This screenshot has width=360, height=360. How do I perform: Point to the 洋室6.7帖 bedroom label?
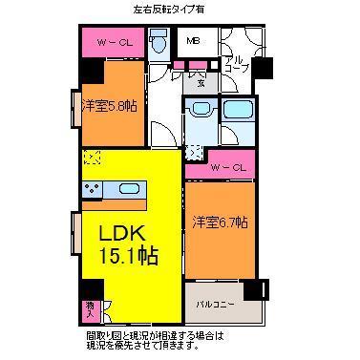[222, 222]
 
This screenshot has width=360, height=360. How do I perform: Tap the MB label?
[194, 41]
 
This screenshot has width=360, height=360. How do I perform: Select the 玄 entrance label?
[201, 82]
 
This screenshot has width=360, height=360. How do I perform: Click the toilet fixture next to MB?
[160, 41]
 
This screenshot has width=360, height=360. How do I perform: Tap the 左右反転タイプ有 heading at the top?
[182, 10]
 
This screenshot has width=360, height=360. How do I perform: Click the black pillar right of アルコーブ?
[261, 69]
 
